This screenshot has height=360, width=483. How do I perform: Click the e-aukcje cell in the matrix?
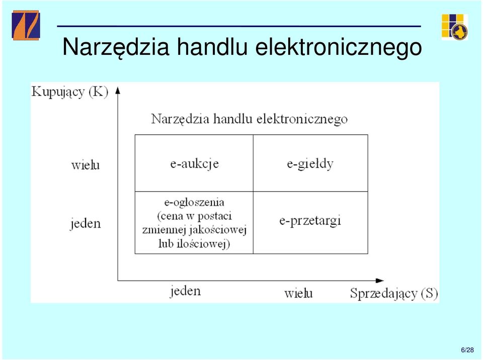click(x=194, y=163)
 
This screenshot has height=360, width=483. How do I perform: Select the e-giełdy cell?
click(x=310, y=163)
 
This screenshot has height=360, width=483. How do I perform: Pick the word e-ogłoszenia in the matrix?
click(x=194, y=202)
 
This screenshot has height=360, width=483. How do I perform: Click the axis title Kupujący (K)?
click(x=70, y=92)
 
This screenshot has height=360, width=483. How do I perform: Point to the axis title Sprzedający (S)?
click(x=394, y=293)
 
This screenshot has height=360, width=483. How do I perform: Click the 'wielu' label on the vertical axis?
click(x=86, y=165)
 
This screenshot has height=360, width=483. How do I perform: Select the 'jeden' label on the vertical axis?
click(x=86, y=223)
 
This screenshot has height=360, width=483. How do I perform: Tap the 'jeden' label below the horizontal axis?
click(x=185, y=291)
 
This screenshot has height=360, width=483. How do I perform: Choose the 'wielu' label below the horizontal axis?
click(x=298, y=293)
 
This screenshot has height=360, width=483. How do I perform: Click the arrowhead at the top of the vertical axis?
click(x=118, y=91)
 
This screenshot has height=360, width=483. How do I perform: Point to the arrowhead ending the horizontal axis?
click(x=379, y=281)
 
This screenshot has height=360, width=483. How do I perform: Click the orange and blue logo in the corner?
click(x=26, y=25)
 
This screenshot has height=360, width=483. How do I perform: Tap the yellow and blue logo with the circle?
click(x=455, y=27)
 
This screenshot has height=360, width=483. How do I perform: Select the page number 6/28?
click(x=467, y=350)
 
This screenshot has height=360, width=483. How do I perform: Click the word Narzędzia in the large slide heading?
click(x=116, y=47)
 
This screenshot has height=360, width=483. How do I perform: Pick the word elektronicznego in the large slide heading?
click(x=339, y=47)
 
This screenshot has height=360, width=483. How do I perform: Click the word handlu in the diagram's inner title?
click(x=232, y=119)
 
